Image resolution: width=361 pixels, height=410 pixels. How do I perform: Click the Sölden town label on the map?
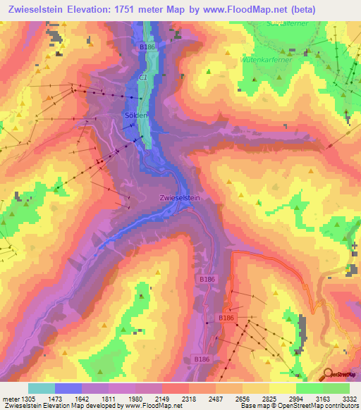tap(136, 116)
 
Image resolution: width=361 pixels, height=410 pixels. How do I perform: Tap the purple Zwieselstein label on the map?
tap(180, 198)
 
